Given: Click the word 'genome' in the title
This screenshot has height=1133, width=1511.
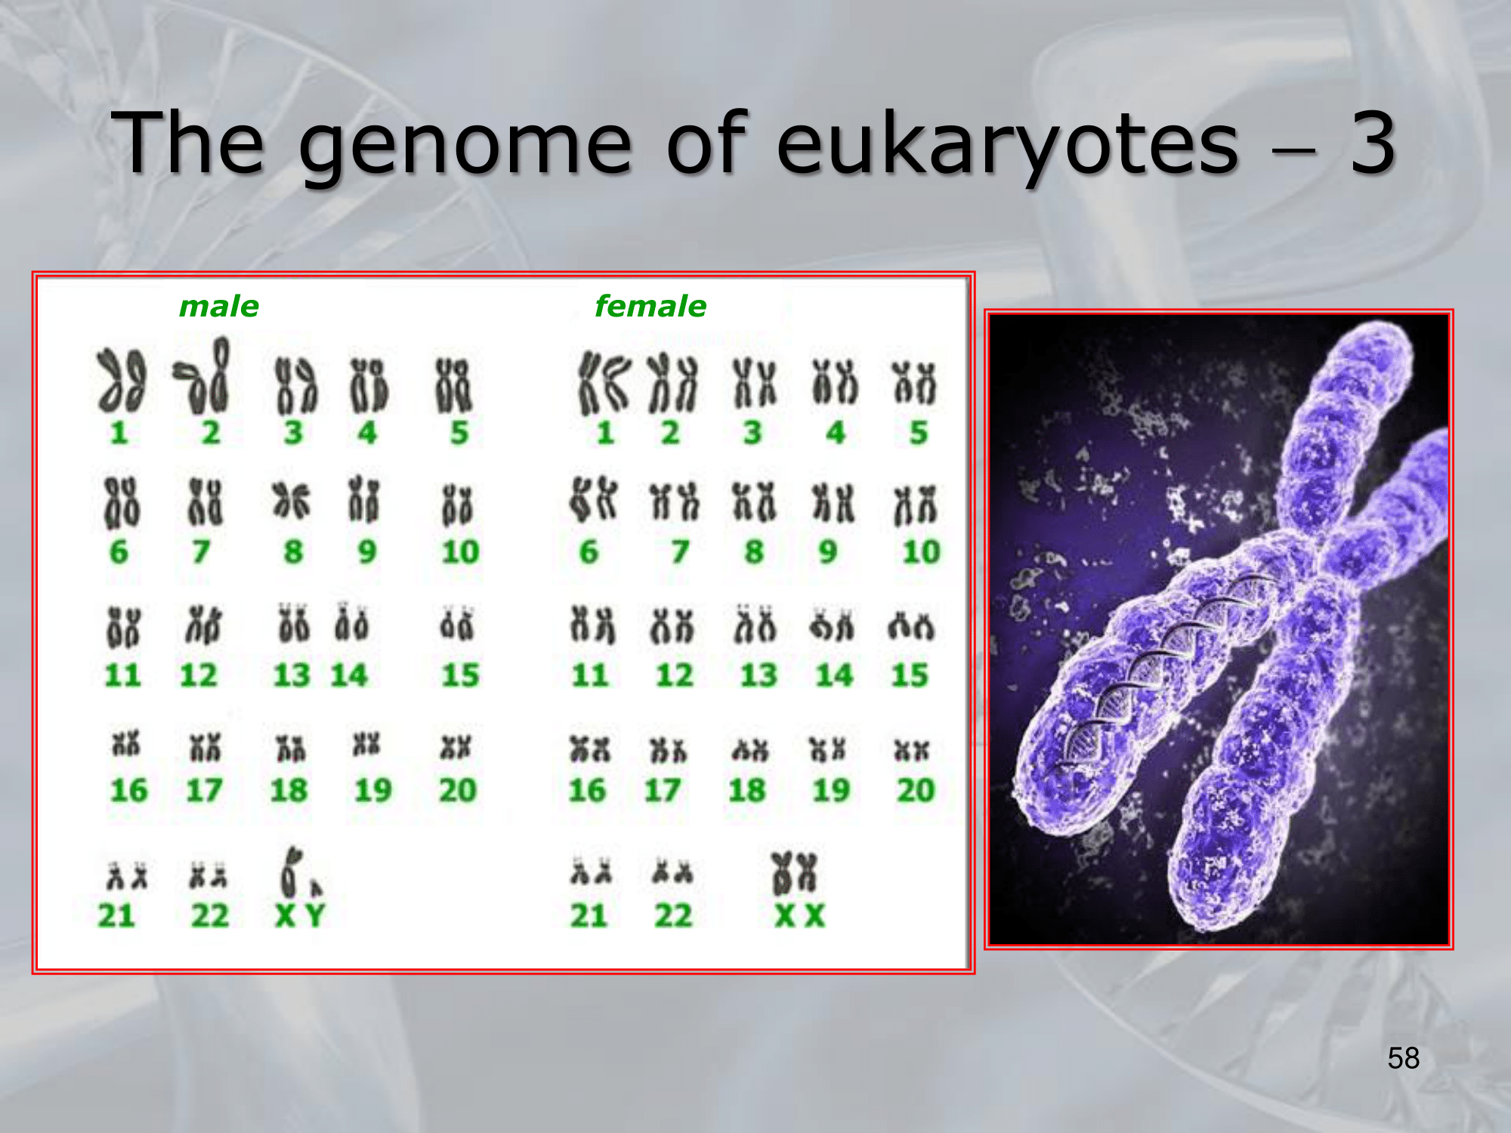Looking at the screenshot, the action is (465, 144).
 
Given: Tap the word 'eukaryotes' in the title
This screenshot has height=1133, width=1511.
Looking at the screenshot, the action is (1008, 144).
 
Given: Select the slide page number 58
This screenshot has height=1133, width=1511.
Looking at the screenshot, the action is (1403, 1058).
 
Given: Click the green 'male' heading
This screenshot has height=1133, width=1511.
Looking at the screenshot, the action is (219, 307).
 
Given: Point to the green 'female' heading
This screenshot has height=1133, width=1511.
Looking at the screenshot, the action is (650, 306).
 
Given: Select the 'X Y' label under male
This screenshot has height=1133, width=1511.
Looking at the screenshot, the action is (300, 916).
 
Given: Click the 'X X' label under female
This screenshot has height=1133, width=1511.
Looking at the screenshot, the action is (799, 916).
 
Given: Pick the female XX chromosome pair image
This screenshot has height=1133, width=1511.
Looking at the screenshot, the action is (794, 872).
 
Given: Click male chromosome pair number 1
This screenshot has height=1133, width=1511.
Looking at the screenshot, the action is (121, 381).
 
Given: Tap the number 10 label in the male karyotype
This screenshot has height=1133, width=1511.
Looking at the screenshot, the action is (460, 552).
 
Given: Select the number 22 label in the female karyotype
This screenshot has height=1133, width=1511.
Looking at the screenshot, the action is (673, 916).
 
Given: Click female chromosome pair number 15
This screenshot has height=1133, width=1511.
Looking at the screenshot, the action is (911, 627).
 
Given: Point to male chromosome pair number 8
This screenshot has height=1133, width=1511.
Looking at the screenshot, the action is (292, 502).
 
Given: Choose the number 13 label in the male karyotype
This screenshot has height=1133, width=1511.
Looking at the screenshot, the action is (292, 675).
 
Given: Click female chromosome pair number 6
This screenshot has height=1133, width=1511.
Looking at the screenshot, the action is (594, 500).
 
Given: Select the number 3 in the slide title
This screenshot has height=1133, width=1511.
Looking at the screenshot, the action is (1372, 142).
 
